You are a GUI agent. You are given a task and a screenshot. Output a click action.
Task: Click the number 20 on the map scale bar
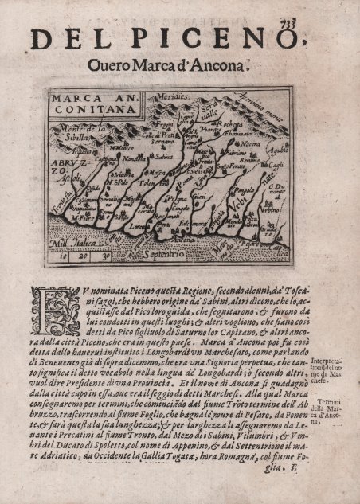82,256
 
